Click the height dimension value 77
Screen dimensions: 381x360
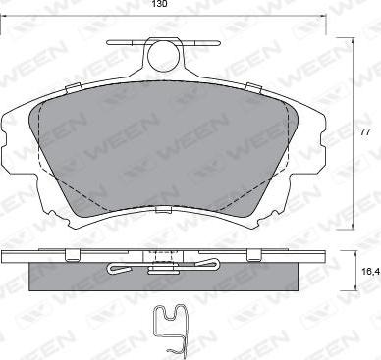(x=364, y=132)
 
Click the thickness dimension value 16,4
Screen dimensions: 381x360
(x=371, y=271)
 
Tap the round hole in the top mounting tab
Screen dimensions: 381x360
(x=164, y=56)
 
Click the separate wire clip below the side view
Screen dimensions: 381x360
(x=170, y=330)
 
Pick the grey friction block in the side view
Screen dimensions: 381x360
(x=164, y=277)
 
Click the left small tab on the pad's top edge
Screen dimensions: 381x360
(x=74, y=88)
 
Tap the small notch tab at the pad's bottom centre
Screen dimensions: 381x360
(x=164, y=209)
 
